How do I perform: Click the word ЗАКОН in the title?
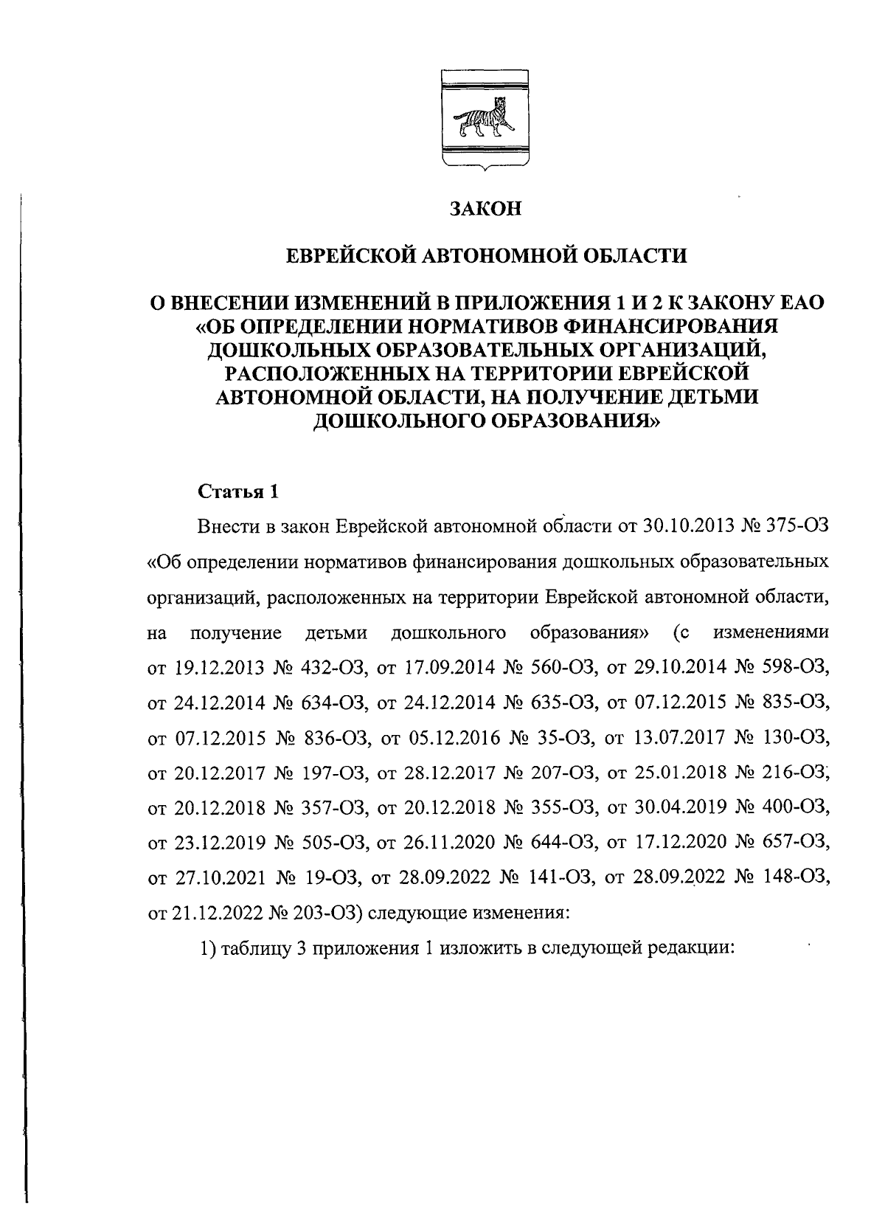pos(486,210)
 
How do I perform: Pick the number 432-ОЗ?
pos(335,669)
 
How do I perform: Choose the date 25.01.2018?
pos(679,773)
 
